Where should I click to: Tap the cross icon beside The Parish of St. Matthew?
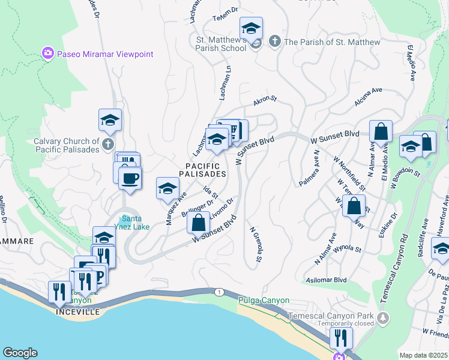pos(274,42)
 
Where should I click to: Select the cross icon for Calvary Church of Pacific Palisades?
pos(107,144)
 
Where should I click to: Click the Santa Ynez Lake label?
pos(135,223)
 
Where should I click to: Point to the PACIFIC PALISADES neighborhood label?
pos(202,170)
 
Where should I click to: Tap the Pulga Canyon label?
pos(264,301)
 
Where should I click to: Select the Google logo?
pos(20,353)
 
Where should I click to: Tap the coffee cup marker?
pos(130,178)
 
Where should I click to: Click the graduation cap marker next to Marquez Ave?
pos(167,188)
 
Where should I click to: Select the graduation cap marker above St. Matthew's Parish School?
pos(251,28)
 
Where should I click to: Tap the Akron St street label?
pos(264,101)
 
